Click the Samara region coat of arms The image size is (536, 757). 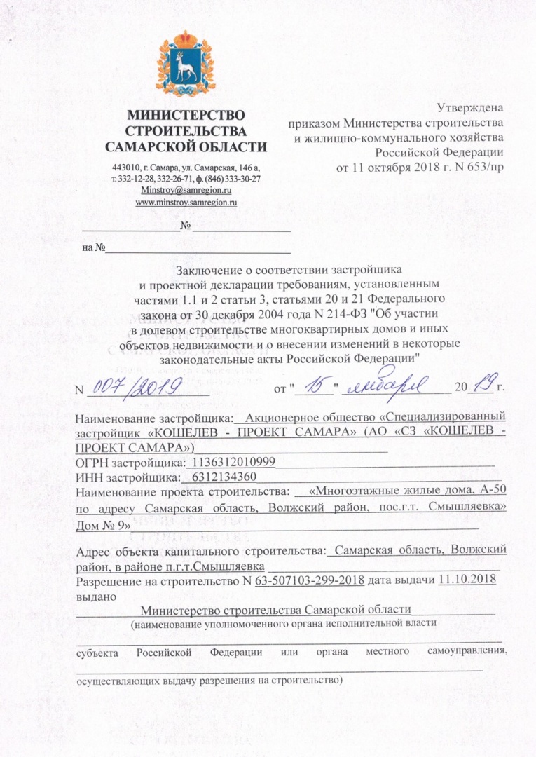click(x=186, y=64)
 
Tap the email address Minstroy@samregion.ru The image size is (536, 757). click(x=186, y=190)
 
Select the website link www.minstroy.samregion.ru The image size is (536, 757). click(x=186, y=202)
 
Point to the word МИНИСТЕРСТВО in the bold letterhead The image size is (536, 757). click(x=186, y=115)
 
